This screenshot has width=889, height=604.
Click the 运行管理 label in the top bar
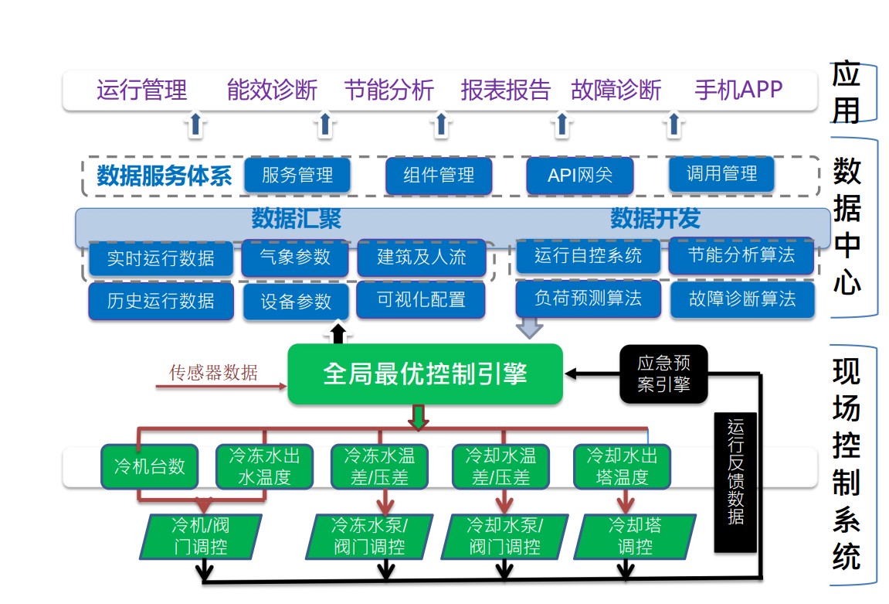(x=141, y=90)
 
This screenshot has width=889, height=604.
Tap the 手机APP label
(x=738, y=90)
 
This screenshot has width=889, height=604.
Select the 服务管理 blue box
(x=297, y=176)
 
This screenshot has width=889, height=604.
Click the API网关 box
(x=579, y=176)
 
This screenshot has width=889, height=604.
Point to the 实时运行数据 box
(x=161, y=258)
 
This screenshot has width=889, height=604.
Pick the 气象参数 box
(x=295, y=257)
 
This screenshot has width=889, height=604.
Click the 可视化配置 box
(x=421, y=299)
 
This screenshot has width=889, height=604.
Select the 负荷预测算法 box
(x=588, y=299)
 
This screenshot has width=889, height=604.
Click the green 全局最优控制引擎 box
(x=425, y=375)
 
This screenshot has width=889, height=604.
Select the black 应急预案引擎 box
(x=663, y=374)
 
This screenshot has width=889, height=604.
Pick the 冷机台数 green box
(x=150, y=466)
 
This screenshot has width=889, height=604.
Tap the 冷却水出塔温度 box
(x=622, y=466)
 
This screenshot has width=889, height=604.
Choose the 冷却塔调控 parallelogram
(x=635, y=536)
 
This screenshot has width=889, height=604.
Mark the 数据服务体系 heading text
(x=164, y=176)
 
